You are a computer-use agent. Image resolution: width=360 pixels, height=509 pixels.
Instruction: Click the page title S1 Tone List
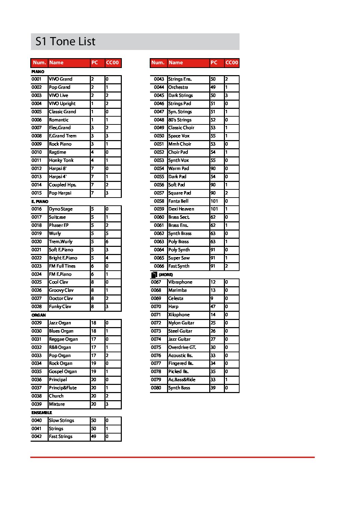point(65,41)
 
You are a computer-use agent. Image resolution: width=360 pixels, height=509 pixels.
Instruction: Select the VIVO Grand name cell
point(61,79)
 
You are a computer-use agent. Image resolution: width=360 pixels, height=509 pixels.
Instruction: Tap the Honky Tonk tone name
point(61,160)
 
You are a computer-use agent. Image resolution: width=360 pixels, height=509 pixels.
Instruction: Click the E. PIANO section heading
point(40,201)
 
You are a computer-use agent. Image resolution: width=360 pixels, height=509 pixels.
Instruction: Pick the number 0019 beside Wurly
point(37,234)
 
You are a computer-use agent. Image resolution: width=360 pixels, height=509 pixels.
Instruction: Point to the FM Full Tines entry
point(62,266)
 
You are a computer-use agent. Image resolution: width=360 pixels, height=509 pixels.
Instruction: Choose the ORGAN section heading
point(38,315)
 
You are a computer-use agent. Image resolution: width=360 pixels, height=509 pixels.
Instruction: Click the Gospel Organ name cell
point(63,372)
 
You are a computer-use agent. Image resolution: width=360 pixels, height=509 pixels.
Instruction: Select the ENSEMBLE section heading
point(42,412)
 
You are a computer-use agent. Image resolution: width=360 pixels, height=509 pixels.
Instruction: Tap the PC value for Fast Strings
point(94,437)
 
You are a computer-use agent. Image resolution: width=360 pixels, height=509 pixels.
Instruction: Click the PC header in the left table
point(95,63)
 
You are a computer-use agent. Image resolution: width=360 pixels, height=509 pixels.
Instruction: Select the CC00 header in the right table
point(232,63)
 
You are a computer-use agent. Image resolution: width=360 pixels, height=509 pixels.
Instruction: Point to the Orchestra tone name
point(178,87)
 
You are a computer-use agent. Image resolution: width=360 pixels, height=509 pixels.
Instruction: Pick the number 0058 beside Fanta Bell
point(159,201)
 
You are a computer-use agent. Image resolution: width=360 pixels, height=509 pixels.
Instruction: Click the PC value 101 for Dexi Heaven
point(214,209)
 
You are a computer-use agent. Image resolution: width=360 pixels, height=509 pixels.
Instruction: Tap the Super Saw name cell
point(179,258)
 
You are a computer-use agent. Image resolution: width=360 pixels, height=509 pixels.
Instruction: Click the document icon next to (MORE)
point(154,275)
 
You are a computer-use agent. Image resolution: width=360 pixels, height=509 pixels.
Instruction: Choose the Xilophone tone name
point(179,315)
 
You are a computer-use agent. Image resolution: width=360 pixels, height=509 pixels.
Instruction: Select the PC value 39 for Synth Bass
point(213,388)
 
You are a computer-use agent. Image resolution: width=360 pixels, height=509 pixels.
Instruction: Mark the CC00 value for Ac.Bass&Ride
point(227,380)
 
